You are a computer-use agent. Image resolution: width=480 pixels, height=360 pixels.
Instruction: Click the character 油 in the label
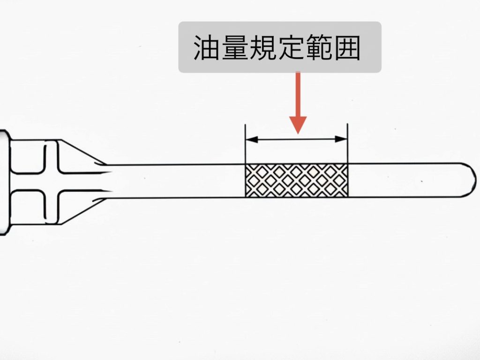207,47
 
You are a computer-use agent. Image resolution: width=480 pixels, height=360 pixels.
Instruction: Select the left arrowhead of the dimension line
251,139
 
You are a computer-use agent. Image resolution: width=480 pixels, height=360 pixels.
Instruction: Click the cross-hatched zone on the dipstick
296,180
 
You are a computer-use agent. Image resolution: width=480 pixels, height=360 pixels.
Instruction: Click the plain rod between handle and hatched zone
178,181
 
